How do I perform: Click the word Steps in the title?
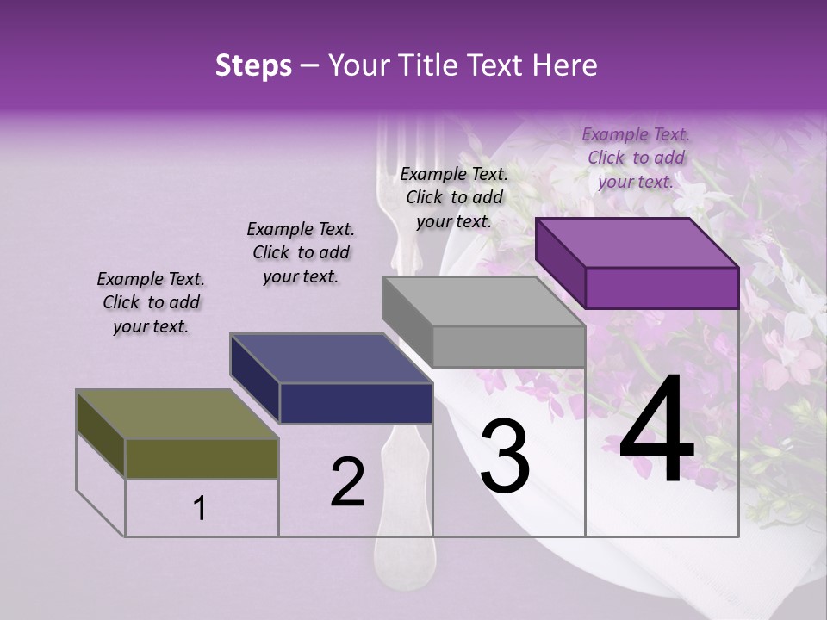(x=253, y=66)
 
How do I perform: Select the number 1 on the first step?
(x=200, y=509)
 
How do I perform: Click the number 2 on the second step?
(x=347, y=482)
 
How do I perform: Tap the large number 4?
(x=656, y=431)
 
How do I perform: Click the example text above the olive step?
(x=151, y=302)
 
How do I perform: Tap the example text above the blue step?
(x=301, y=252)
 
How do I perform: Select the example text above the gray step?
(x=454, y=197)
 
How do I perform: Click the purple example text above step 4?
(x=636, y=158)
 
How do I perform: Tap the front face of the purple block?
(x=662, y=288)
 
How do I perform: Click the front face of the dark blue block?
(x=356, y=403)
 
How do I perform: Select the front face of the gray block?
(x=508, y=347)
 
